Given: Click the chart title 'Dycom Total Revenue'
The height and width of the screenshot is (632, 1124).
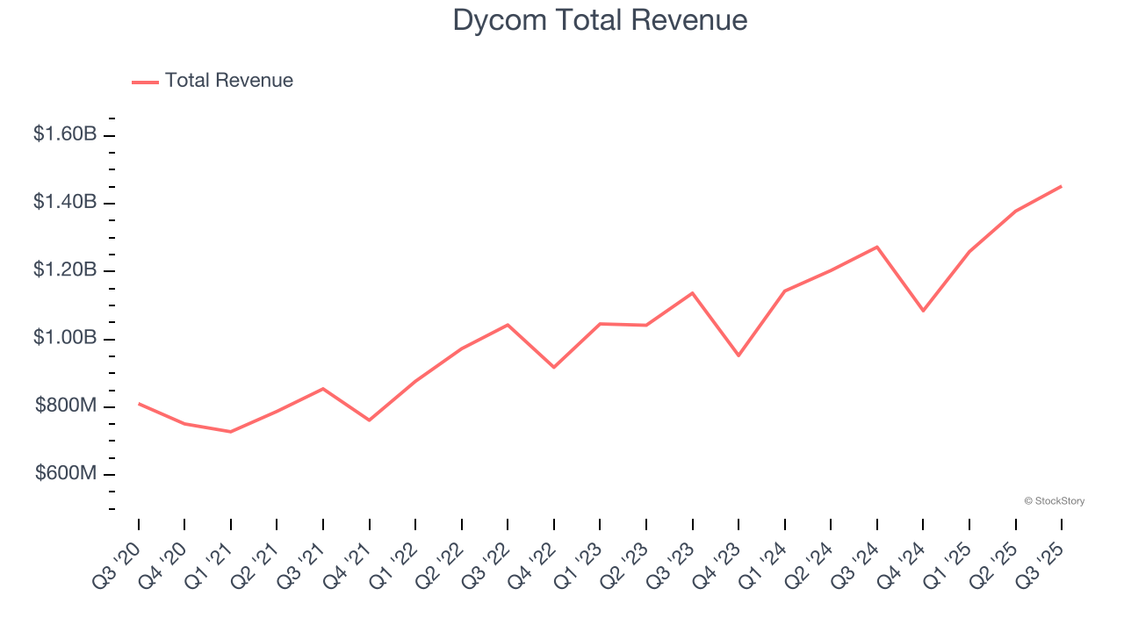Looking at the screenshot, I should coord(600,20).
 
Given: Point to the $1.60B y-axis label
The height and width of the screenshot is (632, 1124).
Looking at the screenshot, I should coord(65,135).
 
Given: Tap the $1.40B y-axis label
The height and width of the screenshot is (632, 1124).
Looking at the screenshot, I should coord(65,203).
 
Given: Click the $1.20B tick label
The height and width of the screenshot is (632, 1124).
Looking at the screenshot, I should coord(65,270).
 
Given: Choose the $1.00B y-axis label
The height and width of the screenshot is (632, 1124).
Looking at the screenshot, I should coord(65,339).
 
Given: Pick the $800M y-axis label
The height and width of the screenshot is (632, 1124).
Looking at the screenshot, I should coord(66,406).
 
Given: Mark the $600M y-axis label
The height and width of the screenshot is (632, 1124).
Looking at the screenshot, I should coord(66,474).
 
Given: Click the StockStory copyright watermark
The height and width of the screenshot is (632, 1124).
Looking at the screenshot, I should coord(1054,501).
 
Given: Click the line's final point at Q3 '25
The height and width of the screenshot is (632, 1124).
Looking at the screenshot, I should coord(1061,186).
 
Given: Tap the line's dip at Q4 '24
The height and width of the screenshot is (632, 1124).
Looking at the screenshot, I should coord(923,311).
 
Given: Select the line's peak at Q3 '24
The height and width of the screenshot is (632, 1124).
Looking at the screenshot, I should coord(876,247).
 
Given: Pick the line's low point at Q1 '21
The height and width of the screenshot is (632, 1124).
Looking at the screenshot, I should coord(231,432).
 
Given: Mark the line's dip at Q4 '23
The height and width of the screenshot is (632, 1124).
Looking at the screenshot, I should coord(739,355).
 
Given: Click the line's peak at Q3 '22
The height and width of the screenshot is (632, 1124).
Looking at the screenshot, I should coord(508,325).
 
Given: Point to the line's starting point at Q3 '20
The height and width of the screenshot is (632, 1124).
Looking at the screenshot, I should coord(139,404).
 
